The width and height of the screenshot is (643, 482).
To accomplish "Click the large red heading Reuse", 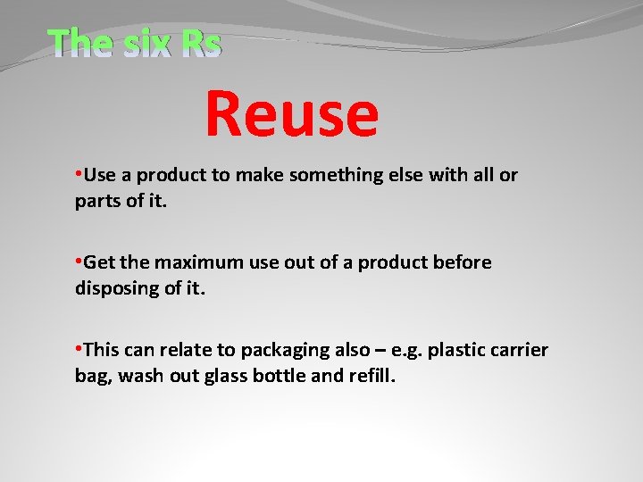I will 292,114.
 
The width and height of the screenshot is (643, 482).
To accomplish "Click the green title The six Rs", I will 134,42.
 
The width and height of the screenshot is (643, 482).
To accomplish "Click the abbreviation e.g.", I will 401,350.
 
